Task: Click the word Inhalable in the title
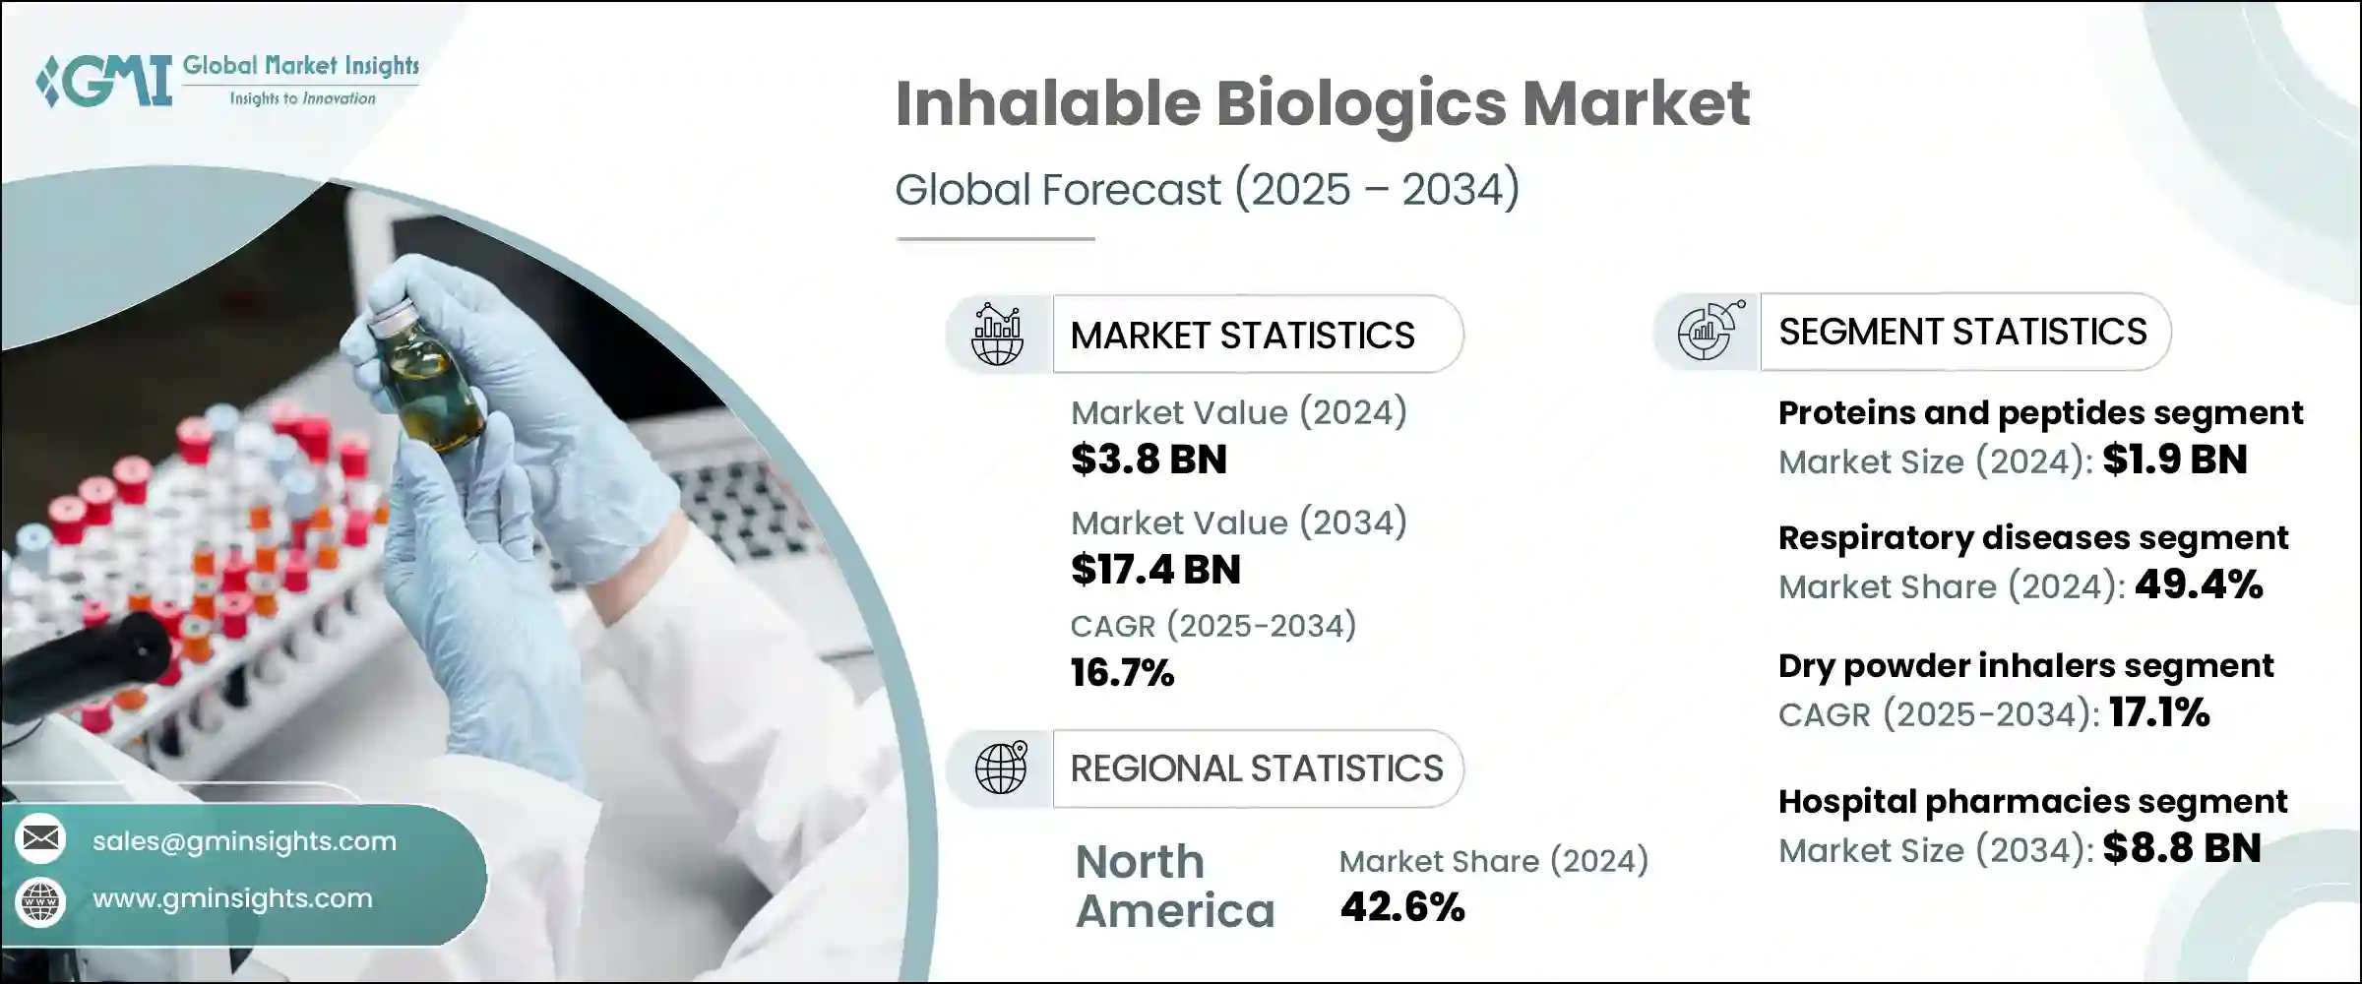pos(1048,103)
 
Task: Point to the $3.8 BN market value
pos(1149,460)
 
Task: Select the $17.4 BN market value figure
pos(1155,570)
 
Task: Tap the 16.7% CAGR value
pos(1122,673)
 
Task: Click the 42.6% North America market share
pos(1402,907)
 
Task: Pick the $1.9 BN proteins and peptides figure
pos(2175,460)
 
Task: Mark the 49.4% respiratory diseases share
pos(2199,585)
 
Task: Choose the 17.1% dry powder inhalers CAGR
pos(2159,712)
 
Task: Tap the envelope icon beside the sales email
pos(40,838)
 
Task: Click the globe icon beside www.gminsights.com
pos(40,901)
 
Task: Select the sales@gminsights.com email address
pos(244,841)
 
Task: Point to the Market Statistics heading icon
pos(998,335)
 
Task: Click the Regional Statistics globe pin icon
pos(1001,768)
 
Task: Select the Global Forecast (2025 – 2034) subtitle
pos(1208,189)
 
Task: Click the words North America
pos(1175,887)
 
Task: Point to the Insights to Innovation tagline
pos(302,98)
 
